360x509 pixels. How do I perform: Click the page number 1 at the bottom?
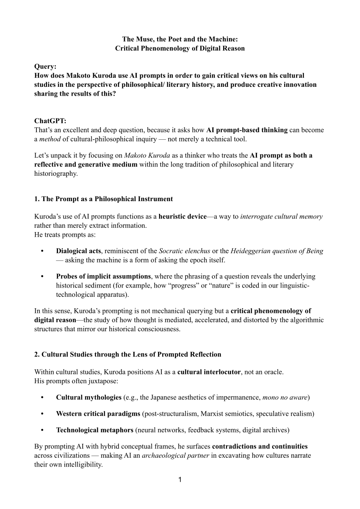[x=180, y=480]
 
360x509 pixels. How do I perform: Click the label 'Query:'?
[x=45, y=66]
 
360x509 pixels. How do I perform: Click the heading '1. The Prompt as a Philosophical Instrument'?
[x=103, y=199]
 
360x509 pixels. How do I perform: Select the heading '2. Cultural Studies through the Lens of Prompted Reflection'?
[x=127, y=354]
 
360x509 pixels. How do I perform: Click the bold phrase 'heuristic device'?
[x=183, y=217]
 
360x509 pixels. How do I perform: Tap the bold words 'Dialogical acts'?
[x=78, y=251]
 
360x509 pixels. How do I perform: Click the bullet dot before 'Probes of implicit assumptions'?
[x=42, y=277]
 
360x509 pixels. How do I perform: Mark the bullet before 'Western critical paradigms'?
[x=42, y=414]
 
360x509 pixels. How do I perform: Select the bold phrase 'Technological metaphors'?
[x=94, y=430]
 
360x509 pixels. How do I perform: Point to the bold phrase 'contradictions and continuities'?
[x=260, y=446]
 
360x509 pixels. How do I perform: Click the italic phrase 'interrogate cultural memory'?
[x=281, y=217]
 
